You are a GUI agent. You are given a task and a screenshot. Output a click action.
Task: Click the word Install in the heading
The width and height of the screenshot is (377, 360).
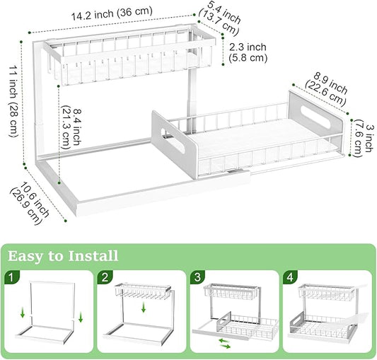(90, 255)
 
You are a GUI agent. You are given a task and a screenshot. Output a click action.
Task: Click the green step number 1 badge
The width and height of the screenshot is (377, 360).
(12, 276)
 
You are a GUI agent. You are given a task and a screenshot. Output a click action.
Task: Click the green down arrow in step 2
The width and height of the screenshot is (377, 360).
(145, 307)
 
